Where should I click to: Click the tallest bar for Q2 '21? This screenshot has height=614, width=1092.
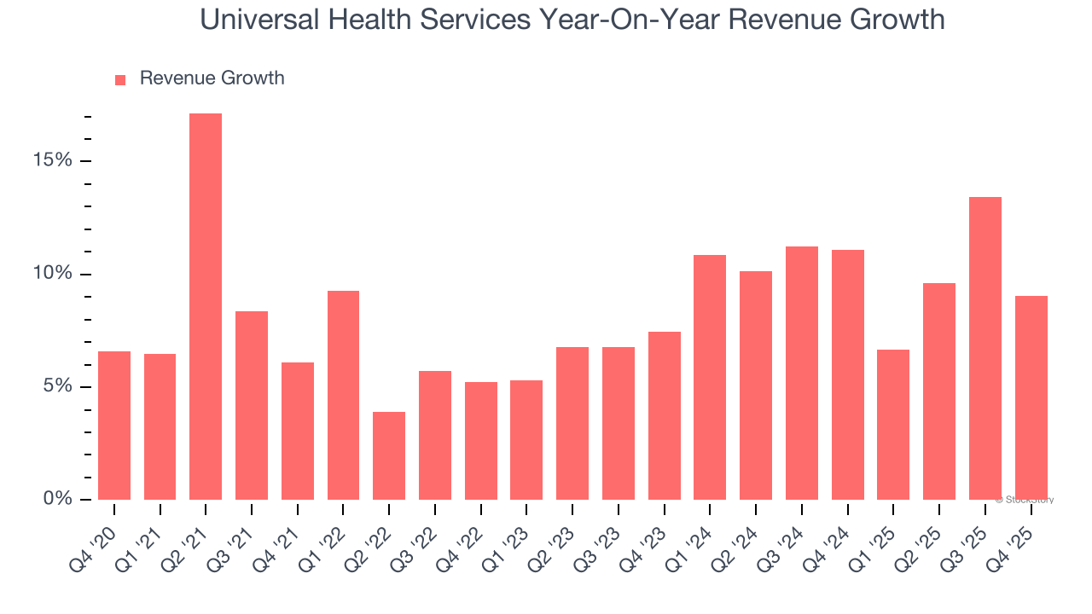(x=206, y=307)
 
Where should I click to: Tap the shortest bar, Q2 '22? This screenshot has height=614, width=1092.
(x=389, y=455)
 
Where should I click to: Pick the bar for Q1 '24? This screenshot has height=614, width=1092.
(x=710, y=377)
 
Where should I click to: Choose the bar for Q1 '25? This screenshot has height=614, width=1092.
(x=893, y=424)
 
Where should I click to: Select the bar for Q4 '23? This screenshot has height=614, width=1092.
(x=665, y=415)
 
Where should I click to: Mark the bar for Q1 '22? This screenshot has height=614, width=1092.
(x=343, y=395)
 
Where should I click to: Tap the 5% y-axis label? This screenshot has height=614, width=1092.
(x=59, y=386)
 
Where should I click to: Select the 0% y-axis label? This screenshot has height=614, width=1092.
(x=59, y=499)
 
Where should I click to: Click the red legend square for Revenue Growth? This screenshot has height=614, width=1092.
(x=120, y=79)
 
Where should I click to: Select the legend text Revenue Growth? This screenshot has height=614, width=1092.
(x=212, y=78)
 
